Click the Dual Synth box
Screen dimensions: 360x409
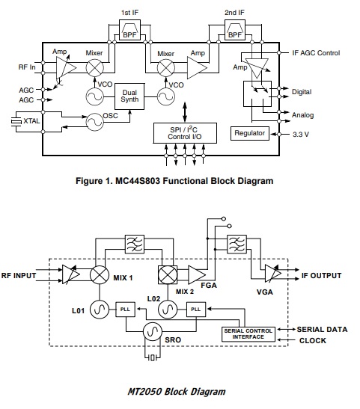point(129,96)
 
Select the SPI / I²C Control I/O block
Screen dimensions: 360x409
point(185,133)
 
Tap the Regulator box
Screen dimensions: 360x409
point(250,133)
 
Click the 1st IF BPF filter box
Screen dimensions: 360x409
point(129,30)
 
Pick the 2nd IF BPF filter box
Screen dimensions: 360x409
point(235,30)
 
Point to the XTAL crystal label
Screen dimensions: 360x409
point(31,121)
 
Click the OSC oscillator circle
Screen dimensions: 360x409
point(95,122)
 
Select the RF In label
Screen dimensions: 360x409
point(27,67)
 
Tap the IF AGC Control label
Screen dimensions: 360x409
point(316,53)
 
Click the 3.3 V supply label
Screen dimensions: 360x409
point(301,135)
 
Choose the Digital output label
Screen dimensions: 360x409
point(302,92)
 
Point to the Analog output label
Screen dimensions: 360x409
point(302,115)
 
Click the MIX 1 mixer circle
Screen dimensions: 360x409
point(100,275)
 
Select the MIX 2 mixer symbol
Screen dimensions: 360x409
point(168,275)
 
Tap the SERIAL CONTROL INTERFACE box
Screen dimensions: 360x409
point(248,334)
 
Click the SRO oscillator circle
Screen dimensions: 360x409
point(153,331)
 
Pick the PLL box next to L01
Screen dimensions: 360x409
point(125,310)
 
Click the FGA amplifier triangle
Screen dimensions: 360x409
point(197,275)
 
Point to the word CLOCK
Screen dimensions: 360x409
point(313,341)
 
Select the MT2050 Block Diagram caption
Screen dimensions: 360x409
point(177,392)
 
